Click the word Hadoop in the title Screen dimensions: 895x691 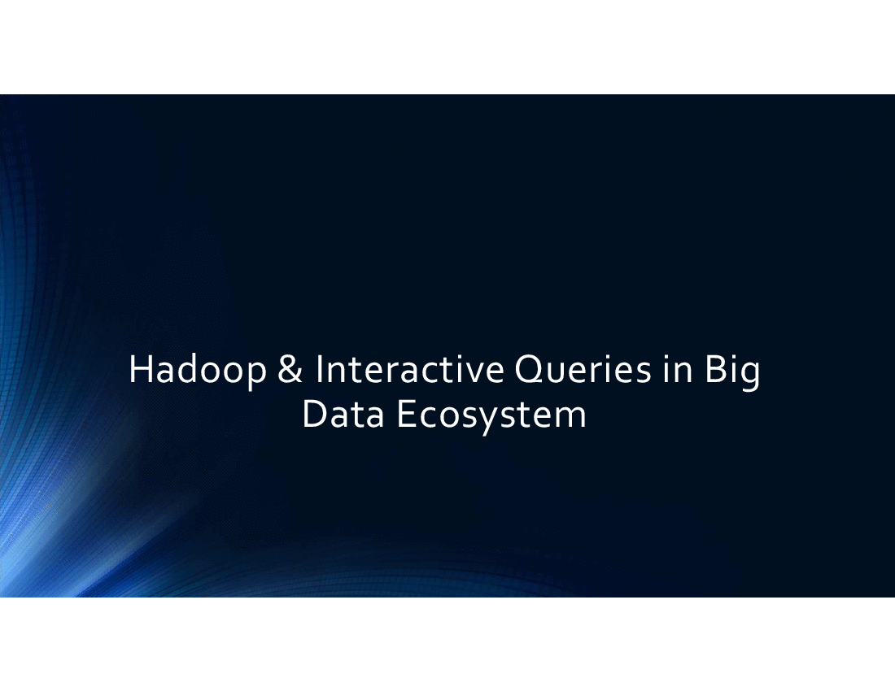click(x=198, y=372)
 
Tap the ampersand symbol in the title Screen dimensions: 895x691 click(x=290, y=369)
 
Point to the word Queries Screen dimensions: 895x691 click(x=583, y=370)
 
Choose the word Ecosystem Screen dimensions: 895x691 click(x=491, y=417)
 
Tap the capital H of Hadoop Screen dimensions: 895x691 click(x=141, y=369)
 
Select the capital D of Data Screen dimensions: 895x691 click(x=315, y=415)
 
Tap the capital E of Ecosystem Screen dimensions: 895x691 click(x=405, y=415)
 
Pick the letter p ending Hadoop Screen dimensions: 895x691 click(x=257, y=377)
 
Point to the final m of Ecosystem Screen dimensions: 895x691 click(x=571, y=419)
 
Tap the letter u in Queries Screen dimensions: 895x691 click(x=557, y=374)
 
